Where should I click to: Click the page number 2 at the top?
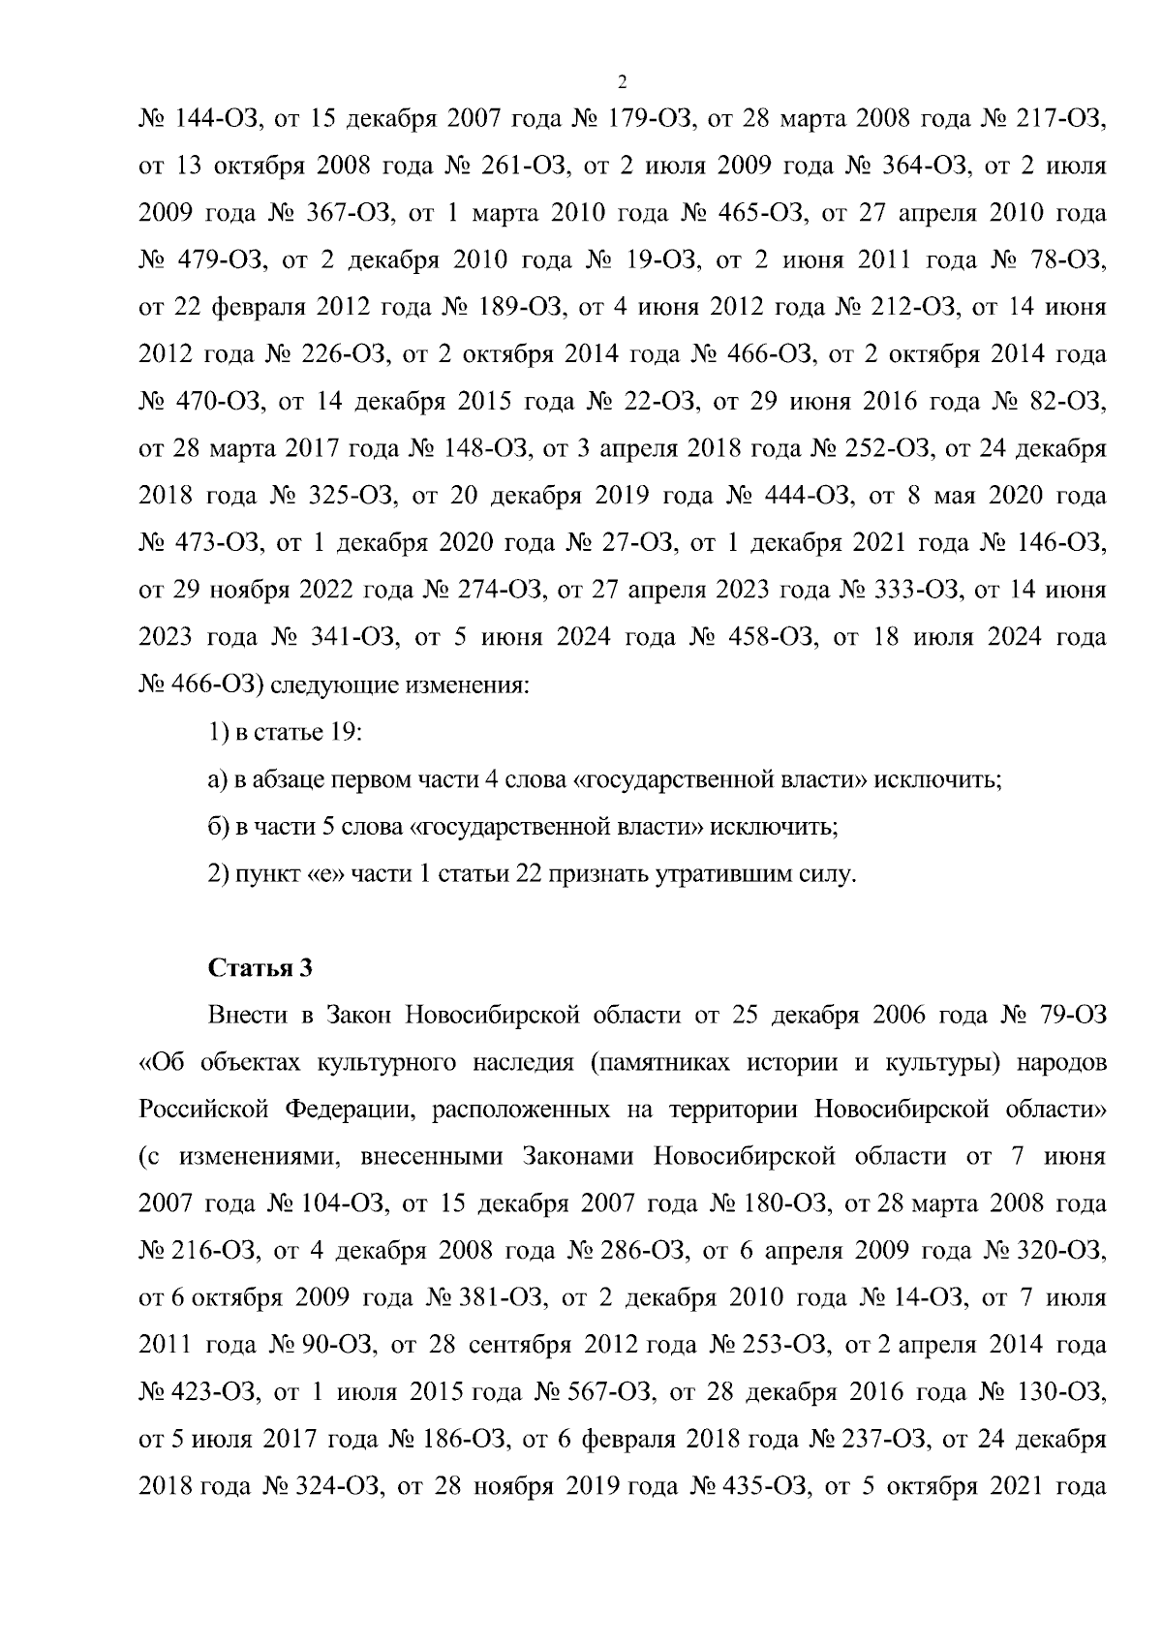click(622, 79)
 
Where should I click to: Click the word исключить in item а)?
click(937, 780)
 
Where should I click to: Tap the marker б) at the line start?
click(217, 828)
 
